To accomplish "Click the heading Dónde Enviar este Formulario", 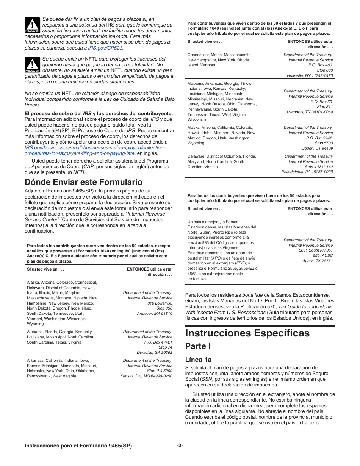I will point(83,182).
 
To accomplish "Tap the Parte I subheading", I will point(198,346).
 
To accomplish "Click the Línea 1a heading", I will point(198,360).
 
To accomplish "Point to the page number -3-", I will point(180,446).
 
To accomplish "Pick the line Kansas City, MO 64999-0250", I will point(146,376).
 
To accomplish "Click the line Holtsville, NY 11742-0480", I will point(310,75).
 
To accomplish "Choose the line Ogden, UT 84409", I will point(318,148).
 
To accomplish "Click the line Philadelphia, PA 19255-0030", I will point(307,172).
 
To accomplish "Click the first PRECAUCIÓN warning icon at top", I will point(32,25).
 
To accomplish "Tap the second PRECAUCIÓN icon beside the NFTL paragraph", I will point(32,65).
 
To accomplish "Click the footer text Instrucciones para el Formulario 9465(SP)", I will point(78,446).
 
